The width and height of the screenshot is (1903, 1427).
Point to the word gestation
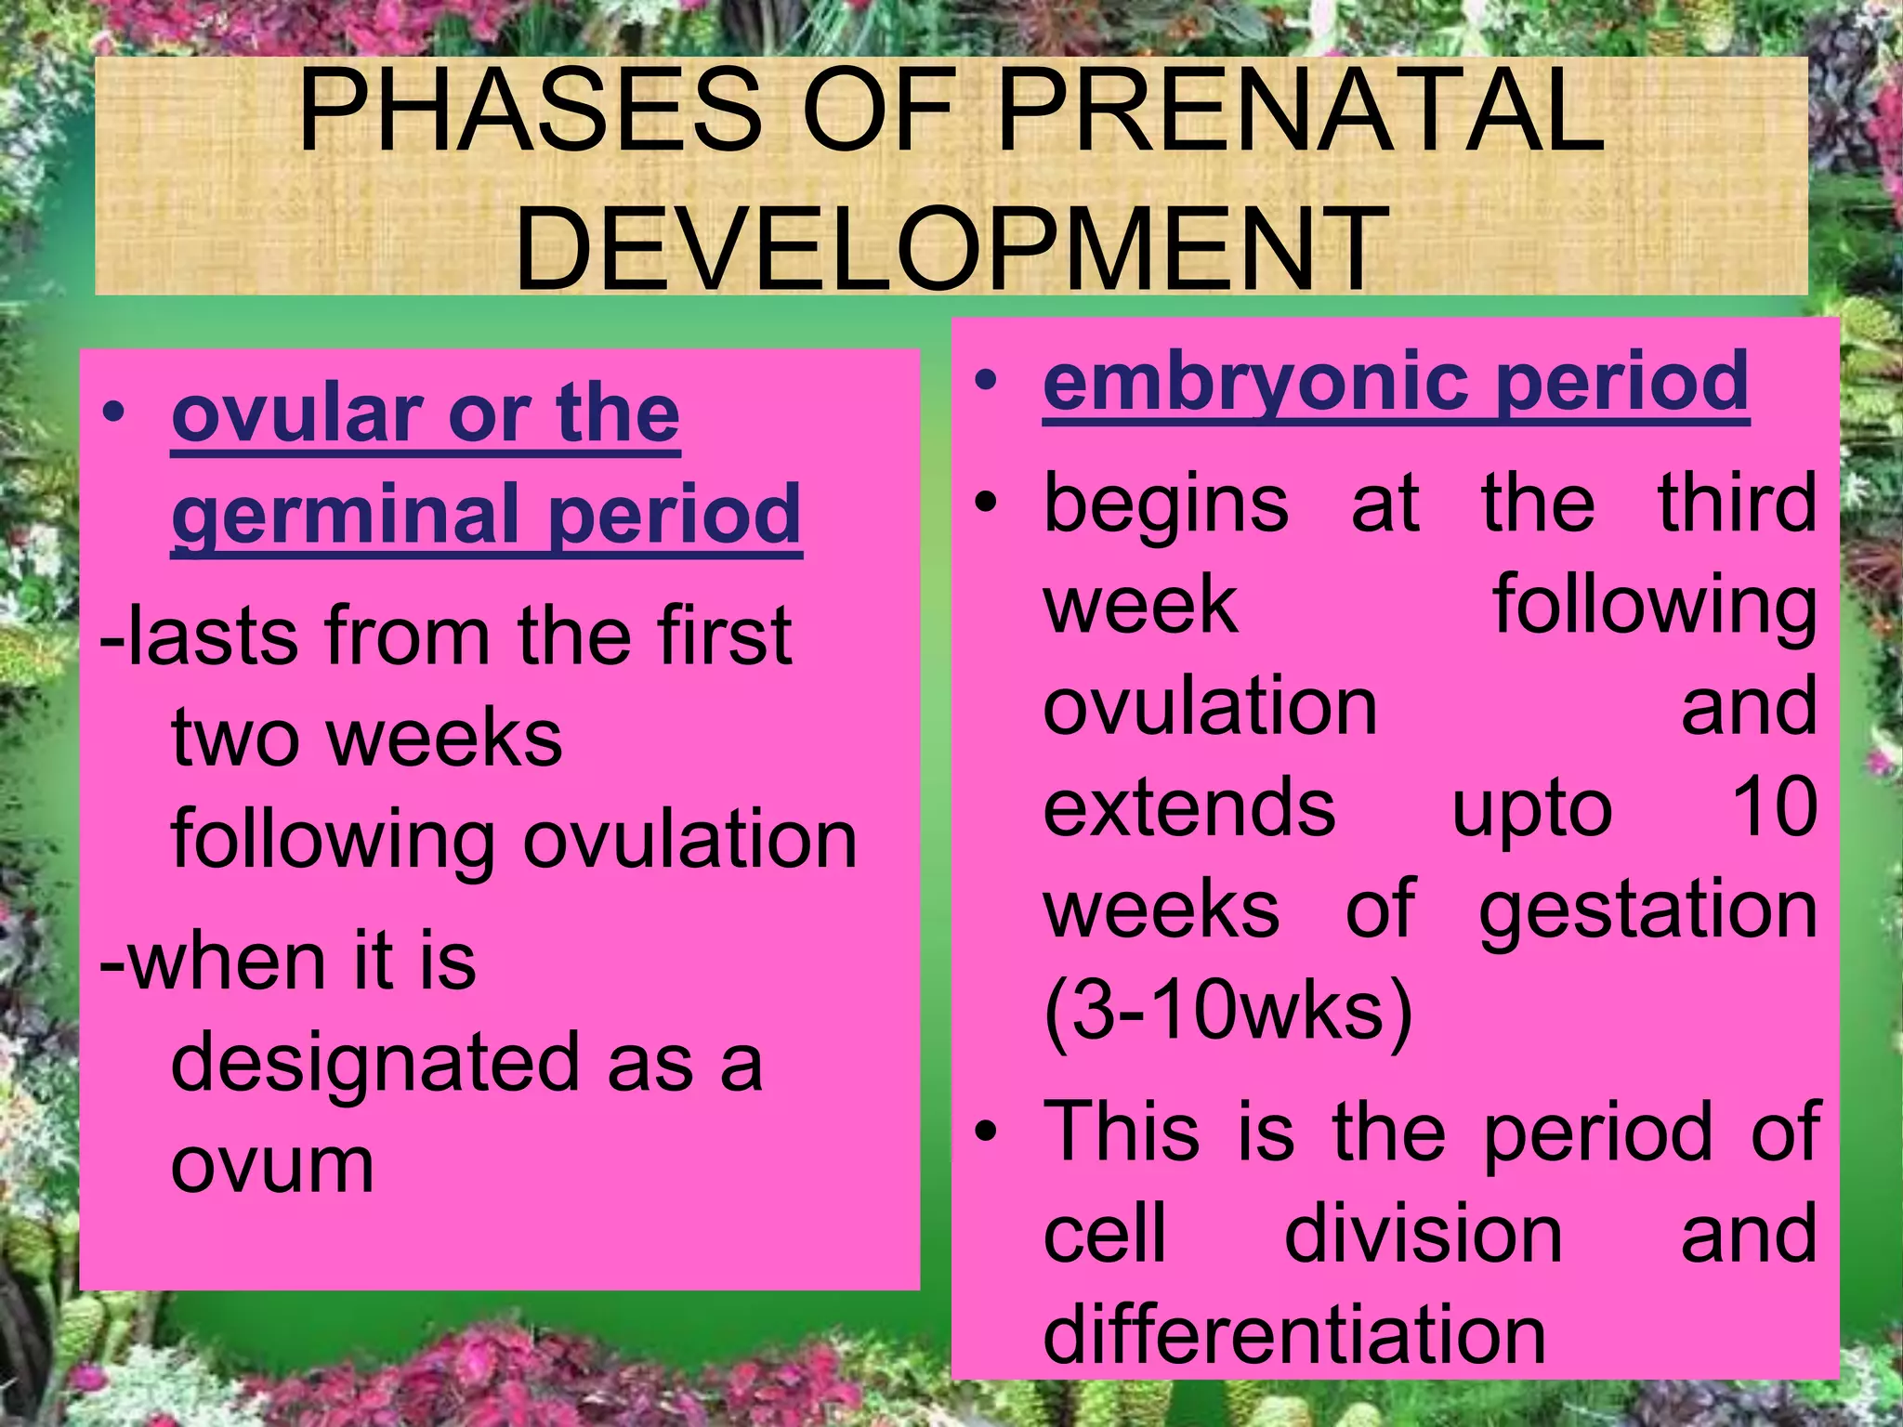pyautogui.click(x=1647, y=910)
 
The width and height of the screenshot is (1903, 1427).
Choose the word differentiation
pyautogui.click(x=1294, y=1334)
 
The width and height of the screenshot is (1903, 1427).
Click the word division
pyautogui.click(x=1423, y=1234)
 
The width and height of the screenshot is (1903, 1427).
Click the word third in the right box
pyautogui.click(x=1737, y=503)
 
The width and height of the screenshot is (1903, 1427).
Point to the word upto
pyautogui.click(x=1531, y=808)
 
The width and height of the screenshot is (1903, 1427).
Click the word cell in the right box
pyautogui.click(x=1104, y=1234)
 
